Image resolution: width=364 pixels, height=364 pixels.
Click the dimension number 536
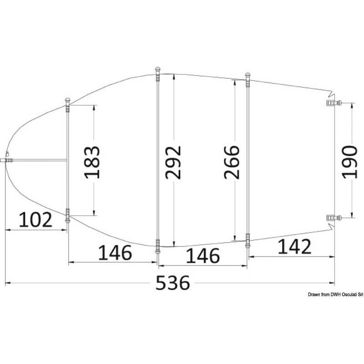click(x=173, y=283)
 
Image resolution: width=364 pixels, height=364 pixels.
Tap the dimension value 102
click(x=35, y=220)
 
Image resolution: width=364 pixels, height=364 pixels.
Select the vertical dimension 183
click(x=92, y=162)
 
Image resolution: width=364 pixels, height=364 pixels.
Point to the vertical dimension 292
click(x=173, y=162)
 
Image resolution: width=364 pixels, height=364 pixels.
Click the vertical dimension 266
click(x=232, y=162)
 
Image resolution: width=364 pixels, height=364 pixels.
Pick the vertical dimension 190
click(x=349, y=162)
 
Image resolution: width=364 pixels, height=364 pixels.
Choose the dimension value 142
click(x=294, y=247)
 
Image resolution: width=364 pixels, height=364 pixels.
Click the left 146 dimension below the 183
click(x=115, y=253)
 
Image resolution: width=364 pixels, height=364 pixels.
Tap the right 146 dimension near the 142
click(x=202, y=256)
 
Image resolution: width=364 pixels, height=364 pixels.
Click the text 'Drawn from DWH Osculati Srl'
click(x=335, y=294)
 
